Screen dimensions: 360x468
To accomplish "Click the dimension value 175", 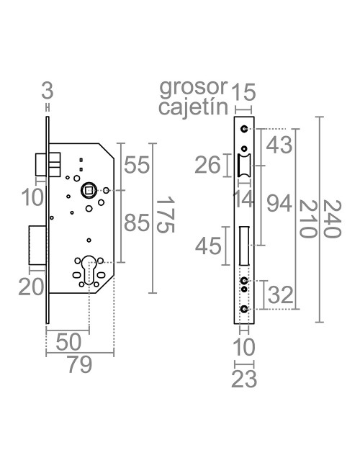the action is pyautogui.click(x=165, y=215).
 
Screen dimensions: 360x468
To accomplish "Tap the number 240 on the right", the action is pyautogui.click(x=332, y=219).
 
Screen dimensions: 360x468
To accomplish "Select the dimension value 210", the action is pyautogui.click(x=307, y=219).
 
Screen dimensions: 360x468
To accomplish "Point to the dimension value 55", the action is pyautogui.click(x=136, y=164).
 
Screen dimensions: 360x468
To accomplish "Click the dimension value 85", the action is pyautogui.click(x=136, y=222).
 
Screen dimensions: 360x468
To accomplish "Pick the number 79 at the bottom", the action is pyautogui.click(x=80, y=365).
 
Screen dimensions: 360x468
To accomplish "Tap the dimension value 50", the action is pyautogui.click(x=68, y=342).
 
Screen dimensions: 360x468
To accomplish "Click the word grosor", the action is pyautogui.click(x=194, y=88).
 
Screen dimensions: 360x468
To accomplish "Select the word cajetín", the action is pyautogui.click(x=193, y=107).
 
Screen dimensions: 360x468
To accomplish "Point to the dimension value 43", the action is pyautogui.click(x=279, y=145).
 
